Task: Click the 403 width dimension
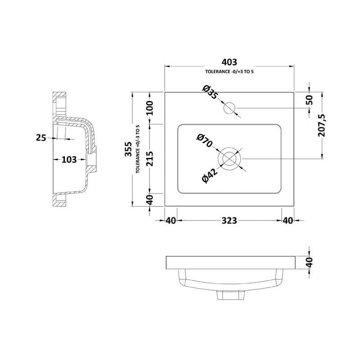pyautogui.click(x=229, y=62)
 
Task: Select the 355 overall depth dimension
pyautogui.click(x=128, y=149)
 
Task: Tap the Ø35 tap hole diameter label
pyautogui.click(x=210, y=92)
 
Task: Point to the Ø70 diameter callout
pyautogui.click(x=204, y=141)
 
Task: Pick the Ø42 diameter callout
pyautogui.click(x=210, y=176)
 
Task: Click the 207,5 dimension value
pyautogui.click(x=322, y=126)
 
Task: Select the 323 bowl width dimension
pyautogui.click(x=229, y=220)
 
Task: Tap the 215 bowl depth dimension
pyautogui.click(x=150, y=159)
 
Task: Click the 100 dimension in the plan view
pyautogui.click(x=150, y=108)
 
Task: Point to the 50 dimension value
pyautogui.click(x=310, y=100)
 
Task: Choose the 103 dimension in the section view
pyautogui.click(x=69, y=159)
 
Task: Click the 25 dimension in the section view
pyautogui.click(x=41, y=138)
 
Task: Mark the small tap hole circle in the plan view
pyautogui.click(x=229, y=108)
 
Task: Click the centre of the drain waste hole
pyautogui.click(x=229, y=159)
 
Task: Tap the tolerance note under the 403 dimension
pyautogui.click(x=229, y=72)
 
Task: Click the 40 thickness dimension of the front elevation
pyautogui.click(x=310, y=262)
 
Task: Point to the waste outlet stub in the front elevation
pyautogui.click(x=229, y=295)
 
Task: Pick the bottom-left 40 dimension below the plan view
pyautogui.click(x=171, y=220)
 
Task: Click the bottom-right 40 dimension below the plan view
pyautogui.click(x=288, y=220)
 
